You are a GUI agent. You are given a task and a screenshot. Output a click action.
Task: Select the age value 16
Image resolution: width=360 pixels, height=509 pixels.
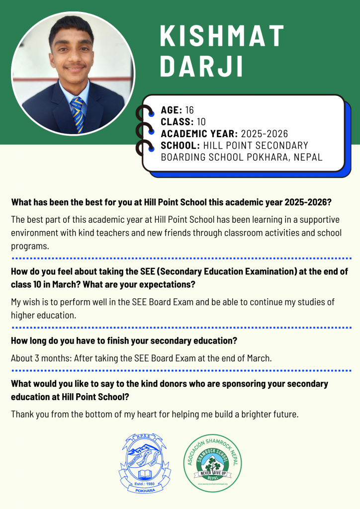pos(189,110)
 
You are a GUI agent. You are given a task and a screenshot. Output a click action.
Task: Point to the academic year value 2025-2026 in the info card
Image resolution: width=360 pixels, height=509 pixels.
pos(265,134)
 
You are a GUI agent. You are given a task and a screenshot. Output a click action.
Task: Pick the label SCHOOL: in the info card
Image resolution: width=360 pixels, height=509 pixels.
pos(180,146)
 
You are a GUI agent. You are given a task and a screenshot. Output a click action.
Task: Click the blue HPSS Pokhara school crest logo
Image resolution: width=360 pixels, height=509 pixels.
pos(141,462)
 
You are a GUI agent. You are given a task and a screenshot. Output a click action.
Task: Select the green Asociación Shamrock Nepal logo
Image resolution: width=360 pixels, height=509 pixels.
pos(213,462)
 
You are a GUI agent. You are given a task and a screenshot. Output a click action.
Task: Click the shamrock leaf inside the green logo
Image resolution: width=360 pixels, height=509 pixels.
pos(213,461)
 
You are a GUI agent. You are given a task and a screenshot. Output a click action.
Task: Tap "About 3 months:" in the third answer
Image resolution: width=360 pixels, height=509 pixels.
pos(41,358)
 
